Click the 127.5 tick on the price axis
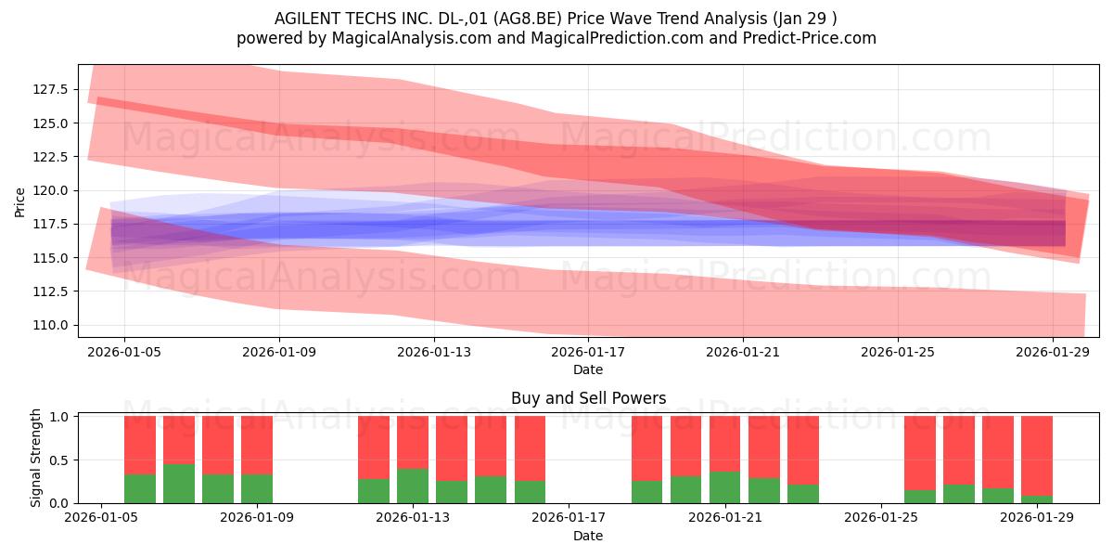click(x=50, y=89)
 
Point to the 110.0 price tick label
click(x=50, y=325)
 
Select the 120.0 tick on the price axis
click(x=50, y=190)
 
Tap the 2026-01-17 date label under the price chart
click(x=588, y=352)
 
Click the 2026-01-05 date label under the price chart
click(x=124, y=352)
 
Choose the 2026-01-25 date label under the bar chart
click(x=881, y=518)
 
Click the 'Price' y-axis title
click(x=19, y=203)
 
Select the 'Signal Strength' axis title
click(x=35, y=458)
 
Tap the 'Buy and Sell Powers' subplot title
click(x=588, y=398)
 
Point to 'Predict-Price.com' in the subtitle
click(x=810, y=38)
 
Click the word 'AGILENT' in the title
click(x=304, y=19)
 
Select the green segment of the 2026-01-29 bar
click(x=1037, y=499)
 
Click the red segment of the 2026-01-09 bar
click(x=257, y=445)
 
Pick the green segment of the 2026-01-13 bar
click(x=413, y=486)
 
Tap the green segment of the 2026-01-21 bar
click(x=724, y=487)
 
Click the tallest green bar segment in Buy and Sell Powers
click(x=179, y=484)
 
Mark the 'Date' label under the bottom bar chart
click(x=588, y=536)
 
